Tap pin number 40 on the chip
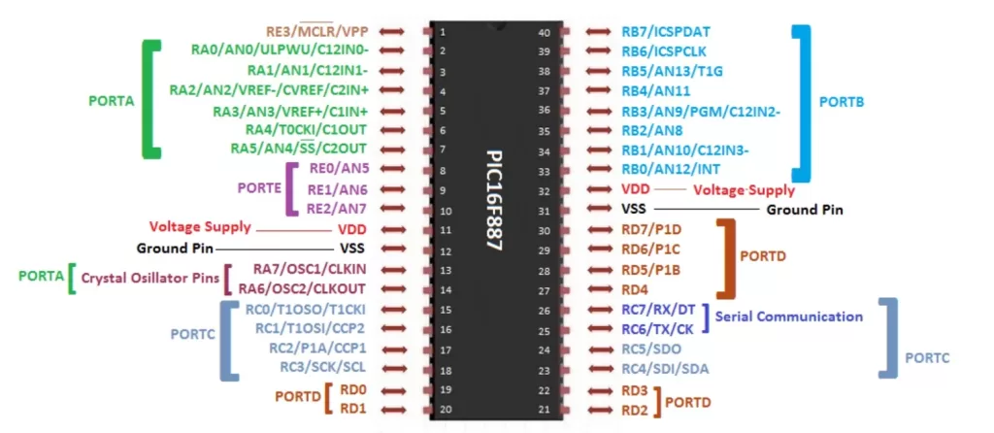coord(544,32)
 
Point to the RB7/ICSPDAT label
coord(666,32)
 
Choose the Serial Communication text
coord(788,316)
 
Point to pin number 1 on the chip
coord(443,32)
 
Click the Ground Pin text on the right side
coord(804,209)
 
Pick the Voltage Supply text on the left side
coord(200,226)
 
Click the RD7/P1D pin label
coord(654,229)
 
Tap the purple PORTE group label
coord(259,186)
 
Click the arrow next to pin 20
coord(392,409)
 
